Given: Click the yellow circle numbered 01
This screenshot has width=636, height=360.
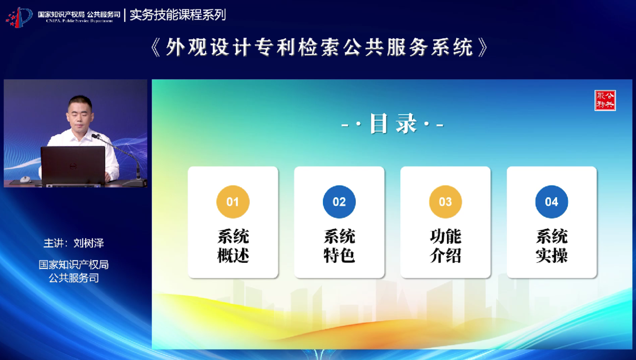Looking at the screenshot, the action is point(233,202).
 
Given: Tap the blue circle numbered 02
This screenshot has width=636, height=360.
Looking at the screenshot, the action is point(339,202).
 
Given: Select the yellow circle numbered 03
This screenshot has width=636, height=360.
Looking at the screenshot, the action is point(445,202).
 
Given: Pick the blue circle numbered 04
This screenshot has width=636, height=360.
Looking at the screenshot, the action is point(552,202).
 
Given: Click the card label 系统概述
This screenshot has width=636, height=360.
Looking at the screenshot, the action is point(233,246).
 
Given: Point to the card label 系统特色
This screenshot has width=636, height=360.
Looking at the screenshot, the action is point(339,246).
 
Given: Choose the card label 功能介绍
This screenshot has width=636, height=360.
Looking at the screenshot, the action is point(445,246).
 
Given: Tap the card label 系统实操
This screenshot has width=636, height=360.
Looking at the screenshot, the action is point(552,246).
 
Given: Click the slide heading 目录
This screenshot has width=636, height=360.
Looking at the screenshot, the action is point(393,123).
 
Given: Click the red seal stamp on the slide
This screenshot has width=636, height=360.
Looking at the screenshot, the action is point(605,100).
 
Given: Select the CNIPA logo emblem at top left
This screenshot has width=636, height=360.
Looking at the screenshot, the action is point(19,17).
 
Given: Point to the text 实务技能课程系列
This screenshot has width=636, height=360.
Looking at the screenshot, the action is point(178,15).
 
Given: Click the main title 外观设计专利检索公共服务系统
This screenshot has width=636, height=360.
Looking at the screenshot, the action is point(319,47).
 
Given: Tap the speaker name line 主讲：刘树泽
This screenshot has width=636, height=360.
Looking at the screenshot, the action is point(73,243).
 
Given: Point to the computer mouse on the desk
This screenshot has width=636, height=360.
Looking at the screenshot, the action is point(25,179).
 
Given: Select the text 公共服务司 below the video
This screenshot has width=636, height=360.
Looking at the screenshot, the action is point(74,278).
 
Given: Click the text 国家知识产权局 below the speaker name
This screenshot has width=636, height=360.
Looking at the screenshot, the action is point(74,265).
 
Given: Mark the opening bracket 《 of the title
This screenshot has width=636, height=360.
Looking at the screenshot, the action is point(155,47).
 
